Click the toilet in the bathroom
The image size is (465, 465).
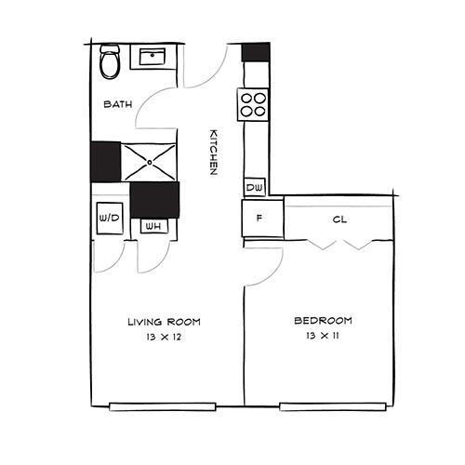point(110,62)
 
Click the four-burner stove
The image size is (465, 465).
point(253,104)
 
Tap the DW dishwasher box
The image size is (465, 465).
point(254,188)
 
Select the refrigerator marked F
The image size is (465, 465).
point(259,221)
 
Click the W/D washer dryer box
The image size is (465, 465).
point(109,219)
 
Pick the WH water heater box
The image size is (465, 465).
point(152,225)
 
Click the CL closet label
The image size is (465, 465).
point(340,220)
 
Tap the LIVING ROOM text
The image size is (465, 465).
point(164,322)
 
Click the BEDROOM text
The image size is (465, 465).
point(323,322)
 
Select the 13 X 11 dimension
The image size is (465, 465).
point(323,337)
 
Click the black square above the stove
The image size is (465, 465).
point(255,52)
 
